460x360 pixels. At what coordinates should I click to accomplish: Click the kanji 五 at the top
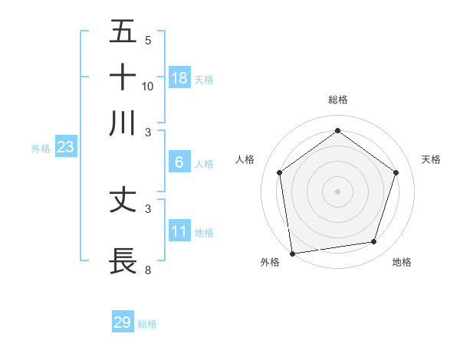tap(123, 32)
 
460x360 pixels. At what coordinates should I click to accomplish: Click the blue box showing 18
tap(179, 78)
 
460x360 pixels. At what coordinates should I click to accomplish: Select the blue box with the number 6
tap(179, 162)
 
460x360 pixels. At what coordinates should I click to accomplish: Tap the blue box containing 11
tap(179, 231)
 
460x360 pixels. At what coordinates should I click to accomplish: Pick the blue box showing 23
tap(65, 148)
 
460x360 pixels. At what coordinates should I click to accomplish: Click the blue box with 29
tap(123, 322)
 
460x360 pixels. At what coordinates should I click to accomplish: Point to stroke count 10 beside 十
tap(148, 86)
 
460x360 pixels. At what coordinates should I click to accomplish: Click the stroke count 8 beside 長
tap(148, 270)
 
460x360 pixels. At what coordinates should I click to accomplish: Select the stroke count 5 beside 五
tap(148, 40)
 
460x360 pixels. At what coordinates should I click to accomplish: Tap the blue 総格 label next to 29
tap(147, 324)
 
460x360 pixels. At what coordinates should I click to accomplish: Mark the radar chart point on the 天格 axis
tap(396, 172)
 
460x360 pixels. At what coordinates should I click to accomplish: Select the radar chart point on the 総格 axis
tap(337, 131)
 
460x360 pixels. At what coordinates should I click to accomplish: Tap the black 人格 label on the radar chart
tap(245, 159)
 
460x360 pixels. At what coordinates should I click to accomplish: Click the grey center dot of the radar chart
tap(337, 191)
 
